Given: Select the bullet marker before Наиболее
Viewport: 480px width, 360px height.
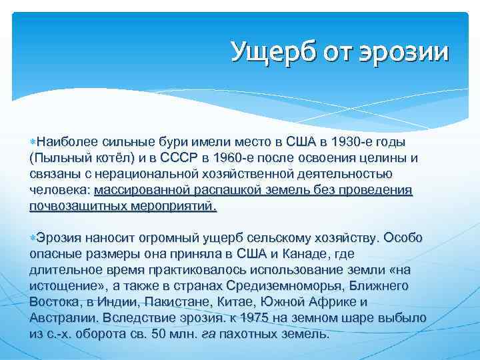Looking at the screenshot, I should [x=33, y=142].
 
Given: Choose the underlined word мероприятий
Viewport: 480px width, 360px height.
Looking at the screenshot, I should [x=179, y=206].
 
